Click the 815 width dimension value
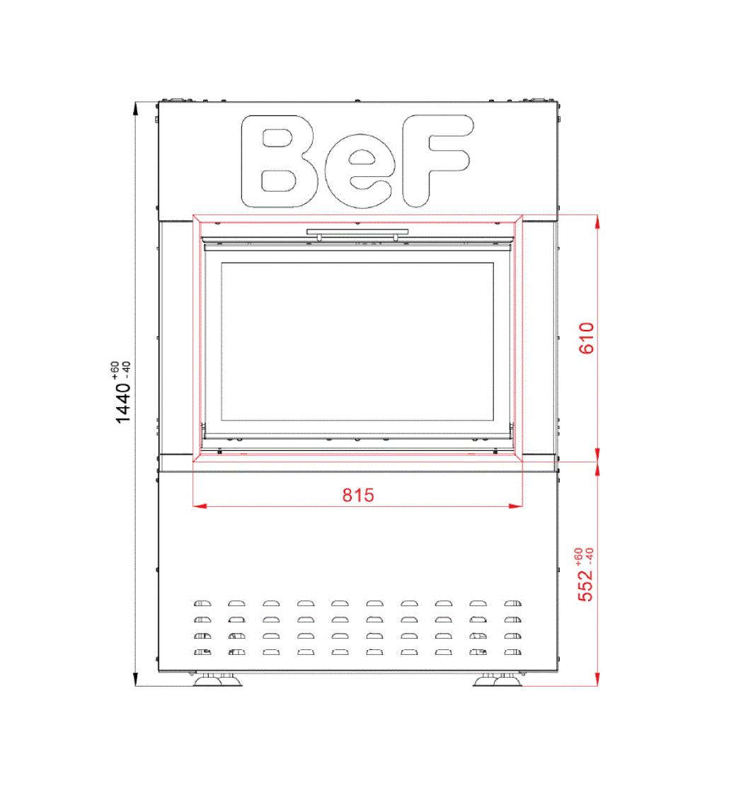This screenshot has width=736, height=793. click(358, 495)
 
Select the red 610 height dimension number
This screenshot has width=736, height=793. click(587, 338)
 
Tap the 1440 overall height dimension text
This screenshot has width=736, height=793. click(123, 403)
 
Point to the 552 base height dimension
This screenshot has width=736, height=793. click(585, 585)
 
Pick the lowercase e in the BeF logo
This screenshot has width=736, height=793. click(358, 171)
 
